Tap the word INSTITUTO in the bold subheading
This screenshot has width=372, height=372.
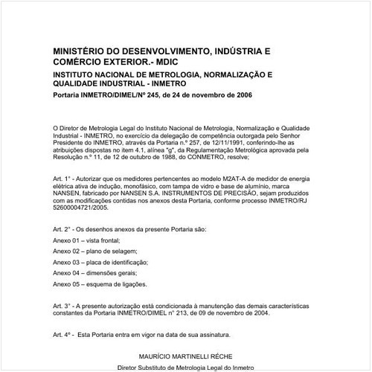[77, 75]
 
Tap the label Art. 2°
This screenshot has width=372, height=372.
[63, 228]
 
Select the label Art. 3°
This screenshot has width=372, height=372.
[63, 307]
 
